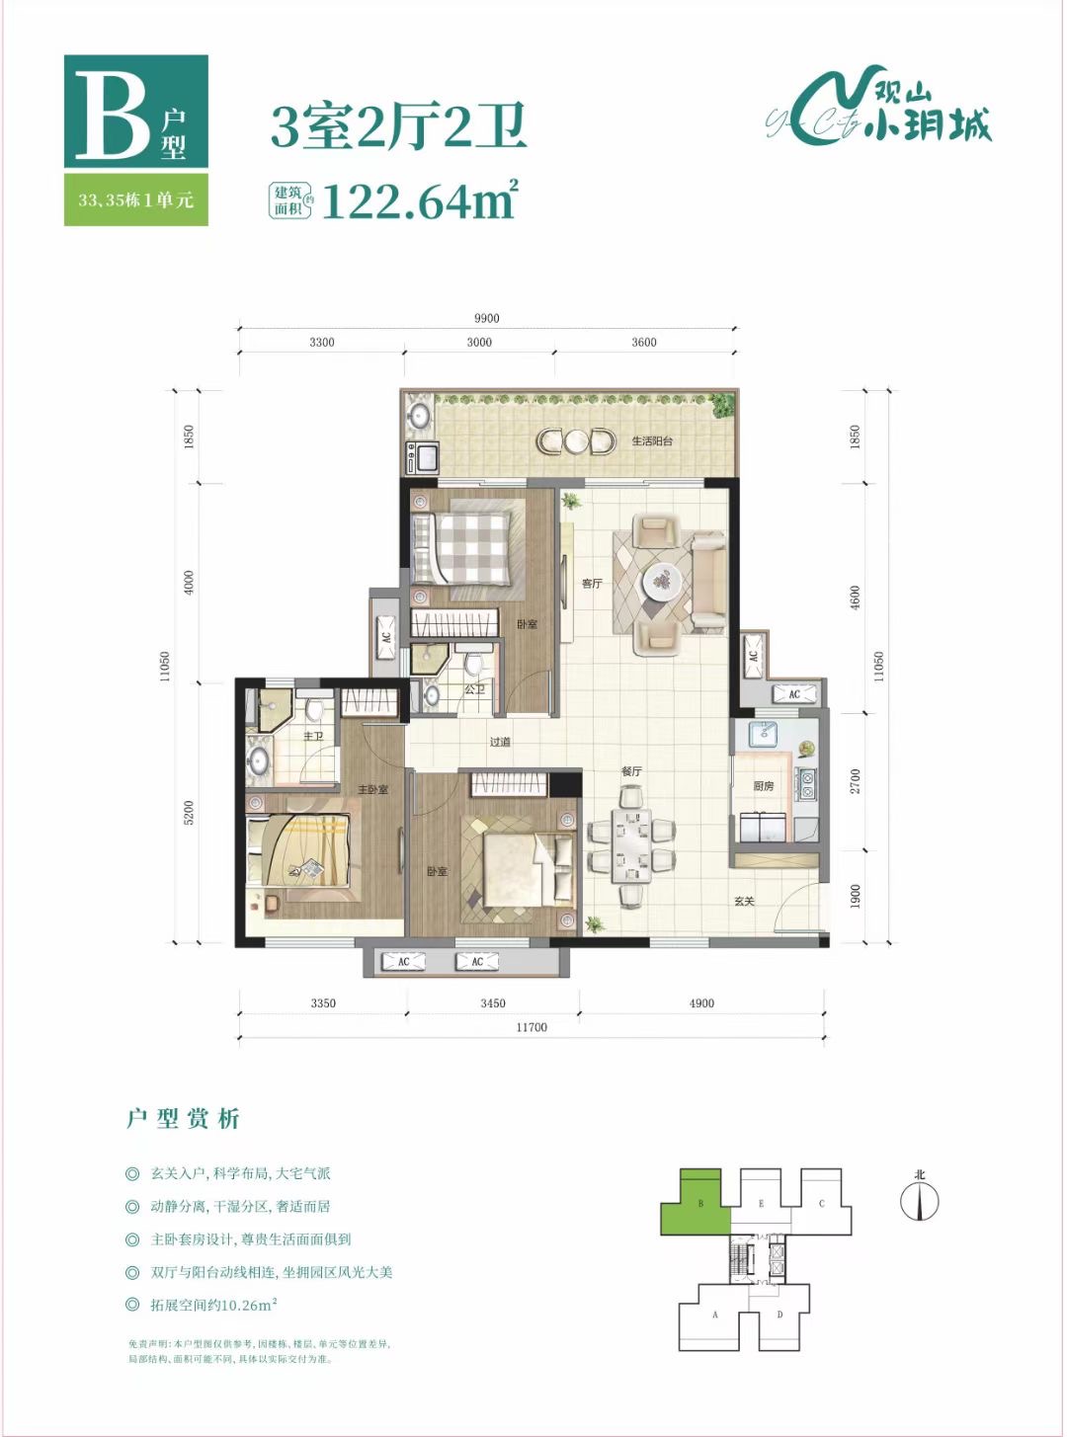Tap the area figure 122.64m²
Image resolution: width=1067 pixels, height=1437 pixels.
point(419,200)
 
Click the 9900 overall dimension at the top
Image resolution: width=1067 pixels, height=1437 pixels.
point(486,318)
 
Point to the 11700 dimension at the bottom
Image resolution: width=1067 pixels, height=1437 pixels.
point(532,1027)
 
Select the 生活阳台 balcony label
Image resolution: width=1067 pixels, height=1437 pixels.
point(652,440)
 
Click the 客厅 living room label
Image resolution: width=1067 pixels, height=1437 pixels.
point(592,584)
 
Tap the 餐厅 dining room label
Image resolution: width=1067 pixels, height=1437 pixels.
point(631,770)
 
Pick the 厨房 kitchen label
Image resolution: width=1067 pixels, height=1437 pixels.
point(764,786)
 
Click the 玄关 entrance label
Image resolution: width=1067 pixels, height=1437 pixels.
point(744,901)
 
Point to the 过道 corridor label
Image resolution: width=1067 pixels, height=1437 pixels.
point(500,742)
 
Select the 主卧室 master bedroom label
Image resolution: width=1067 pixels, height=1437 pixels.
point(372,789)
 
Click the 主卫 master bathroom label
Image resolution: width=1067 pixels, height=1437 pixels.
point(313,737)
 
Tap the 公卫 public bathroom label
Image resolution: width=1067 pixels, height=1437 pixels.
point(474,688)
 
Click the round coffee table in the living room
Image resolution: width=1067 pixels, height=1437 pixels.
point(662,581)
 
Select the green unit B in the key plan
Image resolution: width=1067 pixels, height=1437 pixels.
point(697,1203)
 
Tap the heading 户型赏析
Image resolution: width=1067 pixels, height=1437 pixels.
point(183,1119)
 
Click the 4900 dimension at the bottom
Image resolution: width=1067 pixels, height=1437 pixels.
point(701,1003)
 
